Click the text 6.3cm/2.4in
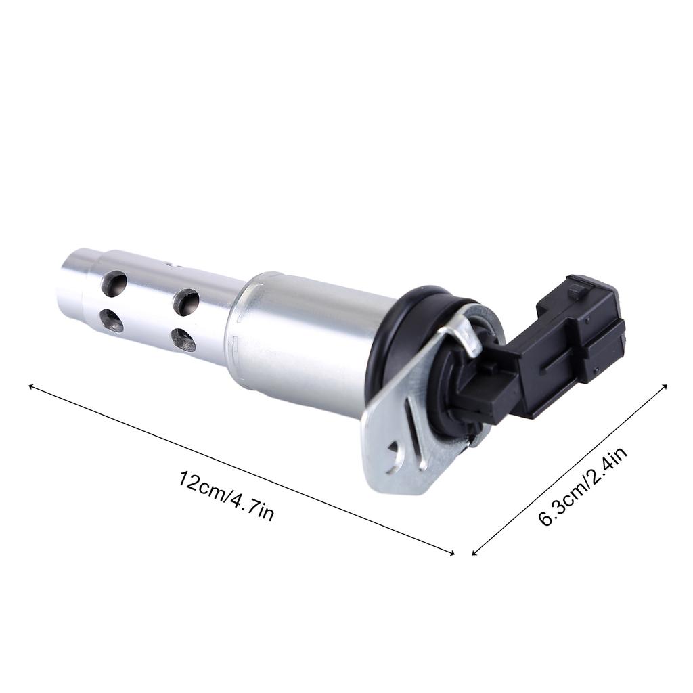click(583, 487)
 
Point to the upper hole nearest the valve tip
click(114, 284)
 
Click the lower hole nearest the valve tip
click(112, 319)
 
